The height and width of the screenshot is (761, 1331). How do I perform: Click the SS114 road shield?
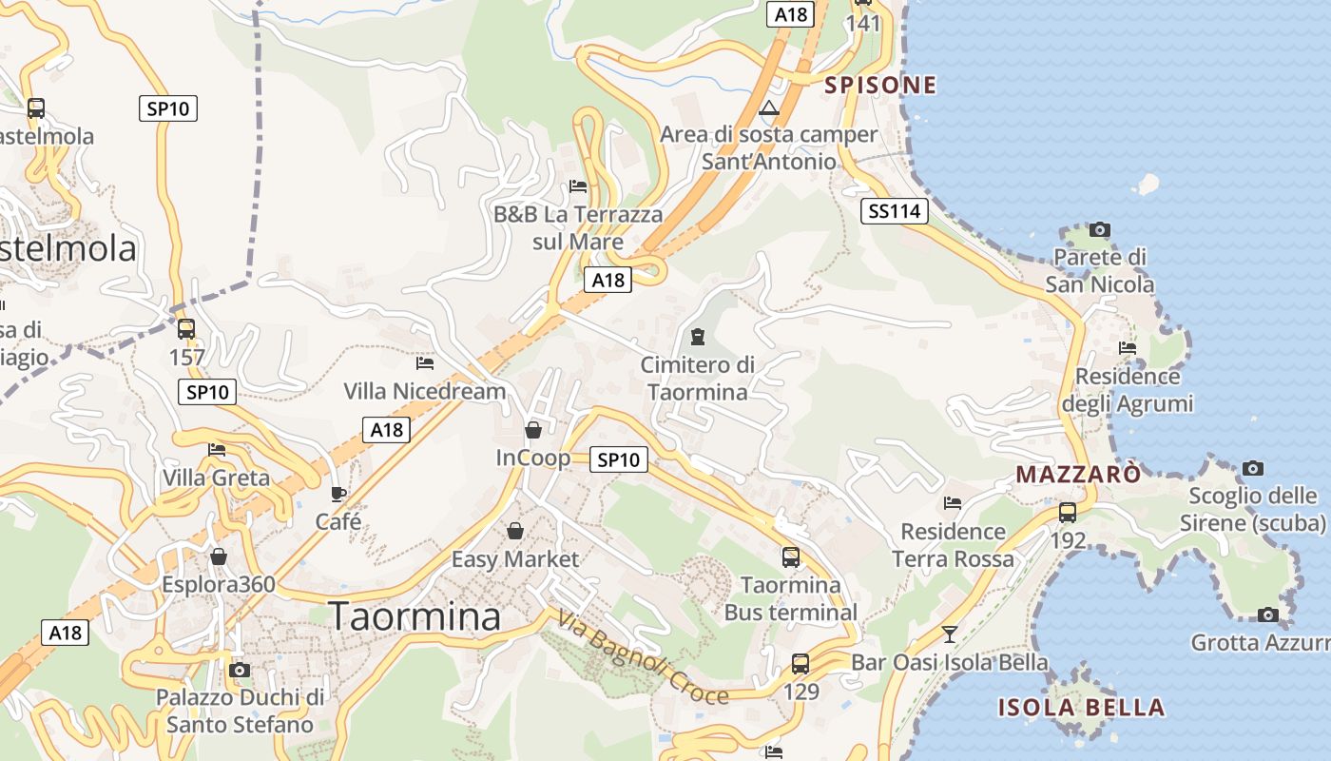pyautogui.click(x=894, y=211)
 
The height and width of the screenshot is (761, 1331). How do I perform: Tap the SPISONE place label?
pyautogui.click(x=880, y=86)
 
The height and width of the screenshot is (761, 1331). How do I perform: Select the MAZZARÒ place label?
pyautogui.click(x=1078, y=474)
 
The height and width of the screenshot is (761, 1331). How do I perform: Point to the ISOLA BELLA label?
pyautogui.click(x=1081, y=708)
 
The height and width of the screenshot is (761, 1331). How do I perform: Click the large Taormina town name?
pyautogui.click(x=415, y=616)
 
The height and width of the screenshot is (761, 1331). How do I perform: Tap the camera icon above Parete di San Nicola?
pyautogui.click(x=1100, y=229)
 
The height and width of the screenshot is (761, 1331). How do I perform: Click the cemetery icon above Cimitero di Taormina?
pyautogui.click(x=698, y=337)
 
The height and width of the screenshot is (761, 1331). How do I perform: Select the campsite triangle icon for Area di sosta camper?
pyautogui.click(x=769, y=107)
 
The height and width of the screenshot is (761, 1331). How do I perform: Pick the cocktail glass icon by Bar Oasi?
pyautogui.click(x=949, y=634)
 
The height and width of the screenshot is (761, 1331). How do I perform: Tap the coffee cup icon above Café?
pyautogui.click(x=338, y=494)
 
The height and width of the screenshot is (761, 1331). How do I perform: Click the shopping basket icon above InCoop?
pyautogui.click(x=533, y=430)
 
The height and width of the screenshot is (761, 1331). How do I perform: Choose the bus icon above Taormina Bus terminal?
pyautogui.click(x=791, y=557)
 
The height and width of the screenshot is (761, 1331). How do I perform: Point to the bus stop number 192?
pyautogui.click(x=1068, y=540)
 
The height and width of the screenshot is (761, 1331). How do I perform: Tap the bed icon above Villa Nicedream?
pyautogui.click(x=425, y=362)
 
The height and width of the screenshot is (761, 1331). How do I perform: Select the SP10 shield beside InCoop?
pyautogui.click(x=618, y=460)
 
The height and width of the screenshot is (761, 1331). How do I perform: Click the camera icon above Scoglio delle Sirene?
pyautogui.click(x=1253, y=468)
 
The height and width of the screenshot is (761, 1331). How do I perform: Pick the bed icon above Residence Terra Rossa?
pyautogui.click(x=953, y=503)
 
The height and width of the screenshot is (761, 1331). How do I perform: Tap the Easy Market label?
pyautogui.click(x=514, y=559)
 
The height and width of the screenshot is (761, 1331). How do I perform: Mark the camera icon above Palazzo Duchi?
pyautogui.click(x=240, y=670)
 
